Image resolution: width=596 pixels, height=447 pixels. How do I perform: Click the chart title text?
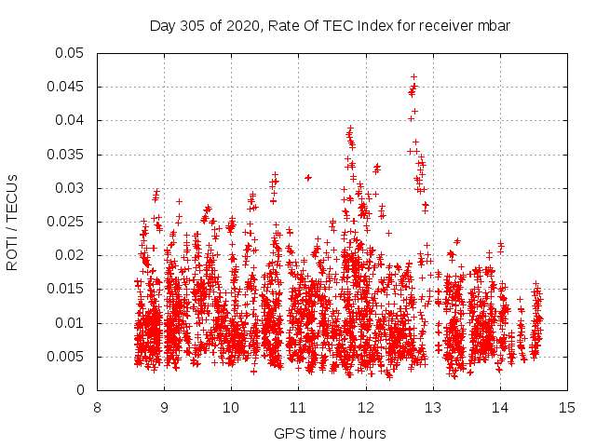(331, 25)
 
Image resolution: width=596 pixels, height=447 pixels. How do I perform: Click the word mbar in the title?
(494, 25)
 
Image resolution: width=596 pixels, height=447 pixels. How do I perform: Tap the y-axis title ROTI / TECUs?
(13, 222)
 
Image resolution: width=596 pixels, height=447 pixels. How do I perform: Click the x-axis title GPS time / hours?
(331, 433)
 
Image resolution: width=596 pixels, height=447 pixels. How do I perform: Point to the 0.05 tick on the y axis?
(68, 53)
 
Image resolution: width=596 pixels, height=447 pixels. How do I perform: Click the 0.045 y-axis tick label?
(65, 87)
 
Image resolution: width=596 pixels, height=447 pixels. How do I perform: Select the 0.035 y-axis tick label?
(65, 155)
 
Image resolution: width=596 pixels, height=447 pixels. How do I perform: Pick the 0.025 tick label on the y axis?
(65, 222)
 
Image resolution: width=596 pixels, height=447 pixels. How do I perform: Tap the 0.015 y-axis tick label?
(65, 290)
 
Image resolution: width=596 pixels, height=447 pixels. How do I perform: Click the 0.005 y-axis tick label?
(65, 357)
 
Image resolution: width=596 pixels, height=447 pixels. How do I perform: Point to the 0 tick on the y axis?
(82, 390)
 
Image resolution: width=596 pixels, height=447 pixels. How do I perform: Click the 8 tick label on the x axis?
(98, 407)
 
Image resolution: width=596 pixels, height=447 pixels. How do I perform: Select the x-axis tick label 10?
(232, 407)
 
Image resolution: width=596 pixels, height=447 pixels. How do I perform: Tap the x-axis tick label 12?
(366, 407)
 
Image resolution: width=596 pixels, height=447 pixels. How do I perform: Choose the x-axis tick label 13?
(433, 407)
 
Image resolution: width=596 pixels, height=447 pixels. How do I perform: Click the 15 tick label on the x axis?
(567, 407)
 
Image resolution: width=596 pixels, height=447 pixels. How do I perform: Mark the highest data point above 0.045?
(413, 76)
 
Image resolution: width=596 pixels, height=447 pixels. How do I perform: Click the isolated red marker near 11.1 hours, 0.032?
(308, 177)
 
